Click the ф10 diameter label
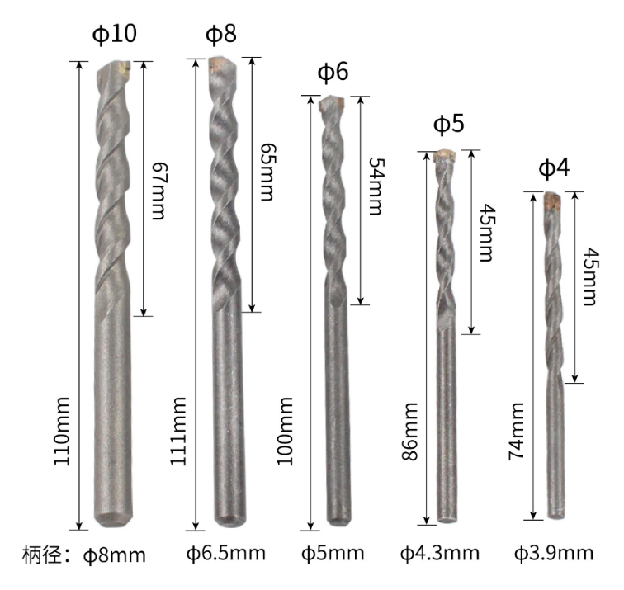pos(114,33)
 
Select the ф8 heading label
pos(221,33)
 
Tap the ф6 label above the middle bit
pos(333,72)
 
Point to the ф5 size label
pos(448,123)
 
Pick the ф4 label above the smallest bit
pos(554,168)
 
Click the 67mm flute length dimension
pos(158,191)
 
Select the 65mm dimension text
pos(267,172)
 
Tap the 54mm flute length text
pos(376,186)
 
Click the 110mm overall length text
pos(62,431)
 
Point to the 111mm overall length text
pos(178,431)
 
